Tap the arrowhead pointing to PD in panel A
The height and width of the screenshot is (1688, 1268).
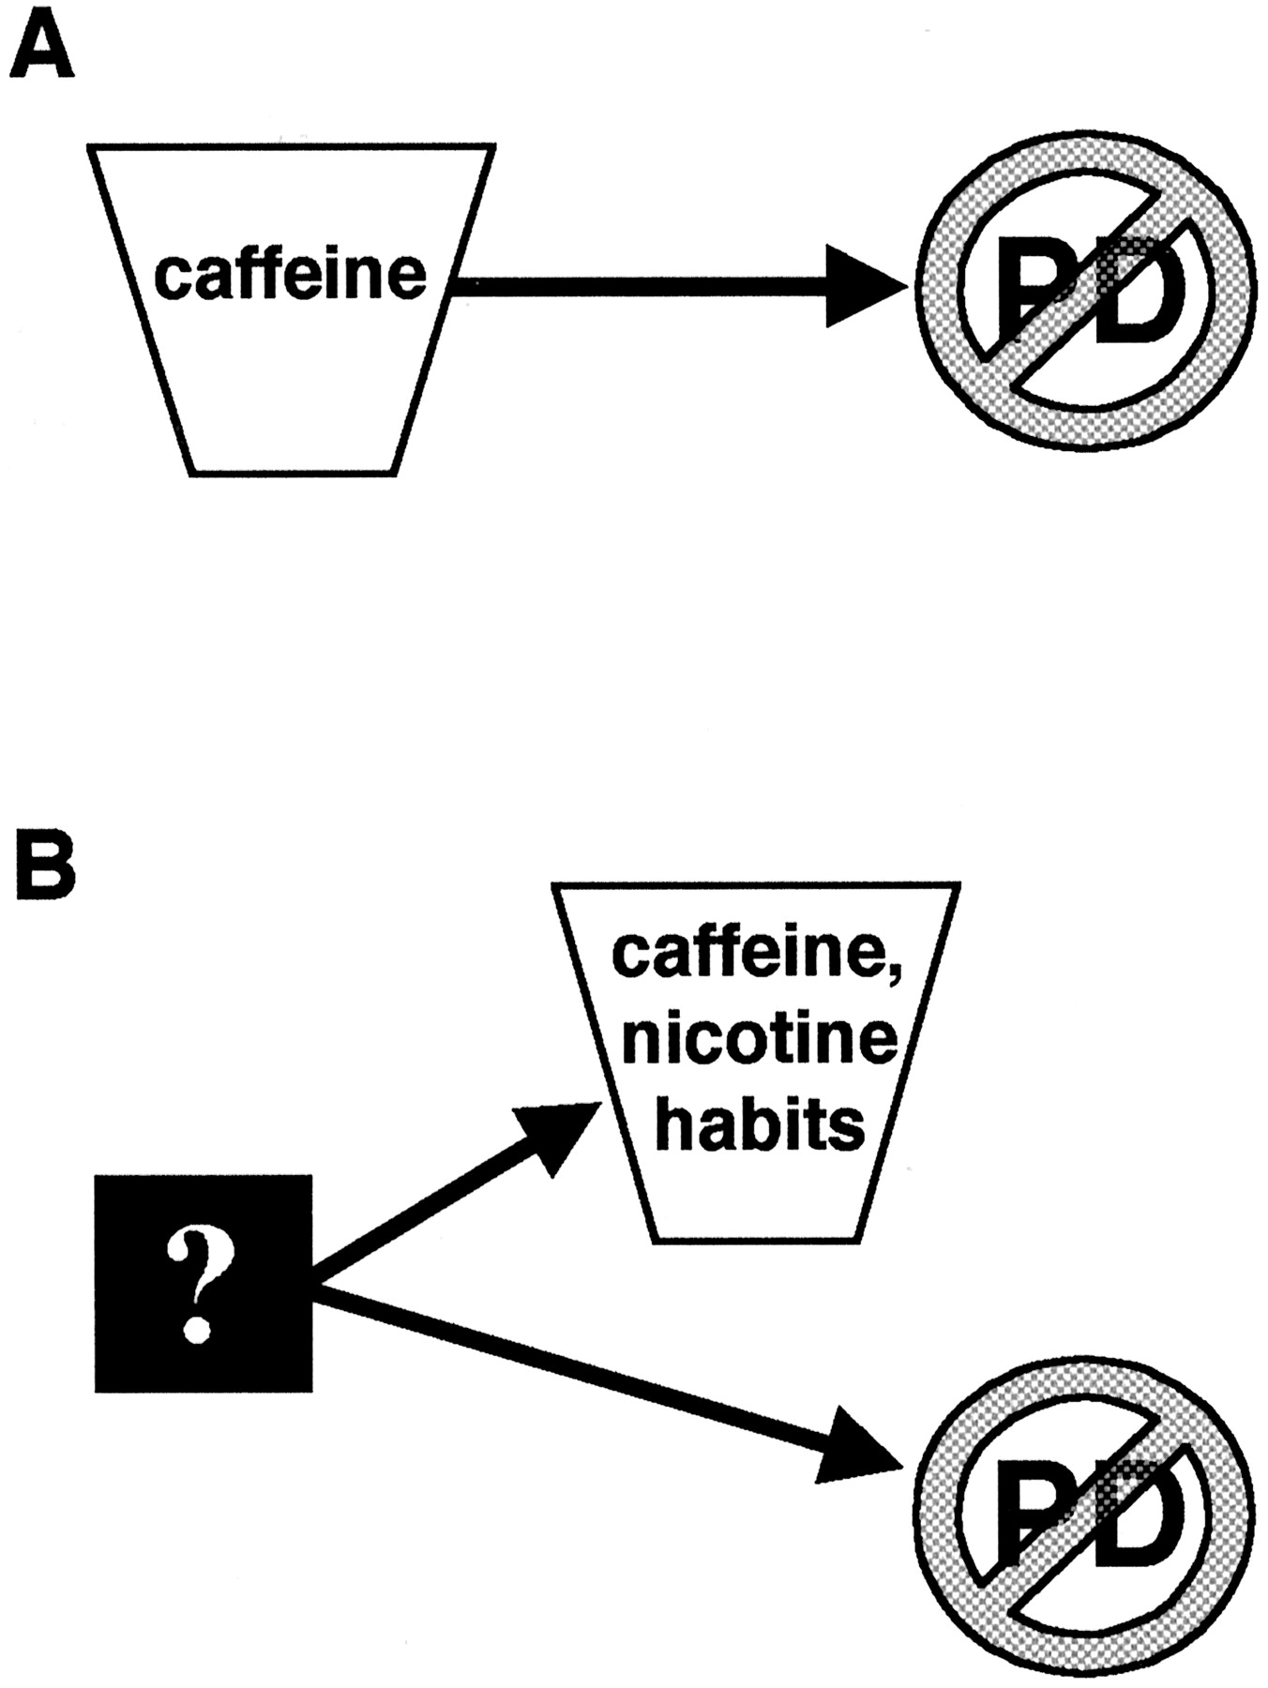(861, 286)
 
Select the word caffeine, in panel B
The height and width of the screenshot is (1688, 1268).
(750, 955)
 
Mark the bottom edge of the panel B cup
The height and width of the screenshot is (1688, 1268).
(756, 1243)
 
